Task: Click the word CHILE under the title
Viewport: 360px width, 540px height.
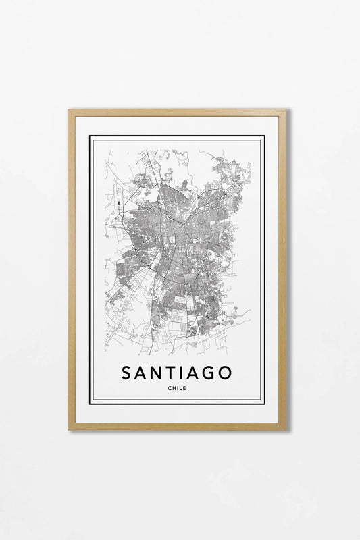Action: pos(177,388)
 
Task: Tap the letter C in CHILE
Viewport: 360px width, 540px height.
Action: pos(170,388)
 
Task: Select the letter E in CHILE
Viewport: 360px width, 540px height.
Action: pos(184,388)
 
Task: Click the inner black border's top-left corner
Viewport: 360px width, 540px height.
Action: pos(91,137)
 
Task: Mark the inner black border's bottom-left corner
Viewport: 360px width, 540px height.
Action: pos(91,403)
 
